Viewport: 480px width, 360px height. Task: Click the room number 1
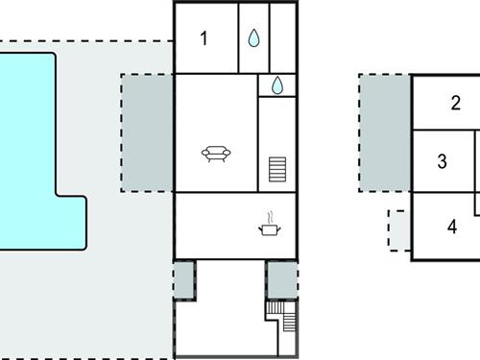click(x=204, y=38)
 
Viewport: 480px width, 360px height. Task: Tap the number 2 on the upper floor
click(x=456, y=104)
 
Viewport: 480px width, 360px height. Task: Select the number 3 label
click(x=442, y=161)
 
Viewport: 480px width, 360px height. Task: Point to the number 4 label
click(x=451, y=228)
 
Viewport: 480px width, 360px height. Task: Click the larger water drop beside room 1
click(x=253, y=37)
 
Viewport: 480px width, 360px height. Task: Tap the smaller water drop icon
click(x=276, y=85)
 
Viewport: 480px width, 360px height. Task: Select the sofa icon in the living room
click(x=217, y=153)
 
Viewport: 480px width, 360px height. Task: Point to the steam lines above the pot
click(x=269, y=217)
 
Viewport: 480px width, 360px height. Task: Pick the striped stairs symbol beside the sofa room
click(x=278, y=170)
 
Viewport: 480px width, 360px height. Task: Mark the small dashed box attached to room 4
click(x=399, y=230)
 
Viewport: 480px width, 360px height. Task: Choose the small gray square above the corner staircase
click(x=282, y=279)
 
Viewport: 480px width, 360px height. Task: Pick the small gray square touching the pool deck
click(x=183, y=279)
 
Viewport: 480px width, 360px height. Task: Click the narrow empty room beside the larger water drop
click(x=282, y=37)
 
